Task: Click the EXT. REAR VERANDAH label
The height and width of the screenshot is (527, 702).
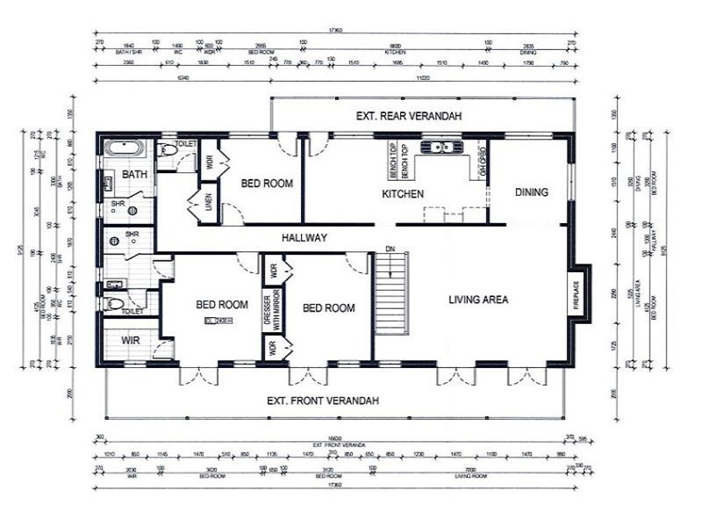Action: pos(408,116)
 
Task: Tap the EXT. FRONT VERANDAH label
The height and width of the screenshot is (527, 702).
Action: pos(324,401)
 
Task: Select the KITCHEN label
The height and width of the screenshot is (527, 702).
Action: pos(404,193)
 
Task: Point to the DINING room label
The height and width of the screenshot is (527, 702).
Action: pos(532,192)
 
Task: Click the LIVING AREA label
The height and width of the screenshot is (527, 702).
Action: pos(478,300)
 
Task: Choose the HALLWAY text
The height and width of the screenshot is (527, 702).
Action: pos(304,237)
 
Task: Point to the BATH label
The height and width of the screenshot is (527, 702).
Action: pos(134,175)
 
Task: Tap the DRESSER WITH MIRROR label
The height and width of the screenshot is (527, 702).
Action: pos(271,308)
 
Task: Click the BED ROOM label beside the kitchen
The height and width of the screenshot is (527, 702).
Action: pos(266,184)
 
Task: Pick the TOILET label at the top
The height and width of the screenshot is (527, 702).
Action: pos(185,143)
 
